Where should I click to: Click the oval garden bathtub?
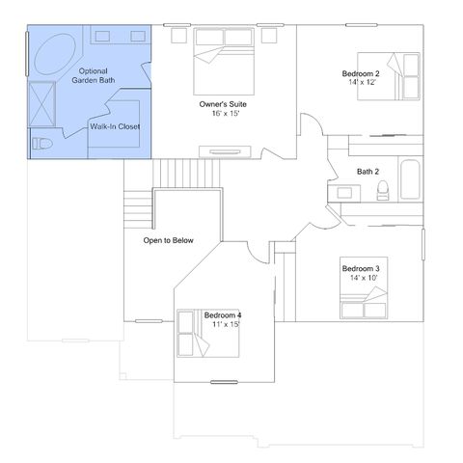(x=55, y=54)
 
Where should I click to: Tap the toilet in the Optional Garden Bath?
(x=41, y=144)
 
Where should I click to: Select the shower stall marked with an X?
(x=42, y=103)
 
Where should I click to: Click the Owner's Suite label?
(x=223, y=104)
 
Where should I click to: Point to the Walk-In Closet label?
(x=115, y=126)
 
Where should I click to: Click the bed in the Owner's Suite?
(x=224, y=62)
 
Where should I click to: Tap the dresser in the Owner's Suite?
(x=225, y=151)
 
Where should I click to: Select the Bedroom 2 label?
(x=361, y=73)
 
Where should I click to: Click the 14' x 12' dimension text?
(x=362, y=82)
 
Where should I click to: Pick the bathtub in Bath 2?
(x=410, y=179)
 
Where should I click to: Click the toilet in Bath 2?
(x=383, y=190)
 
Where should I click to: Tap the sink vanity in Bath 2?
(x=344, y=193)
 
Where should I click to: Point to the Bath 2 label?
(x=368, y=172)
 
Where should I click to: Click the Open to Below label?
(x=168, y=240)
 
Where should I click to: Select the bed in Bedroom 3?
(x=364, y=287)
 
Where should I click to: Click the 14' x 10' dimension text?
(x=364, y=278)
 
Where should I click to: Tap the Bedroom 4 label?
(x=223, y=315)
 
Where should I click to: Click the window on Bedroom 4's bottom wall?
(x=224, y=382)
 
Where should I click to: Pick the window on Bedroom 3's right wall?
(x=423, y=244)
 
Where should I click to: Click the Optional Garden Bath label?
(x=94, y=75)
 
